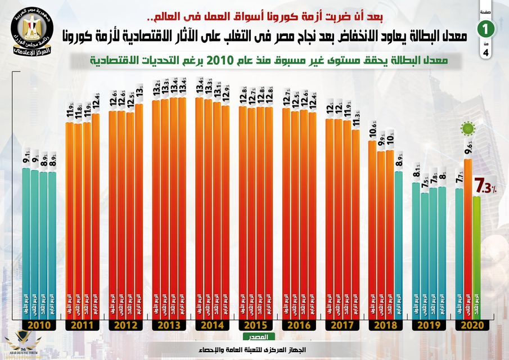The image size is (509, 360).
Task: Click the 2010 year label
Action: pos(39,325)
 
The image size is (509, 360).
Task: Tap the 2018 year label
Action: pos(385,325)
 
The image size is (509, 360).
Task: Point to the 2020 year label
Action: pos(472,325)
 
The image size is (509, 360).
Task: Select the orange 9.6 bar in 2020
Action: pos(468,236)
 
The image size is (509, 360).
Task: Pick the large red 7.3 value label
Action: pos(484,184)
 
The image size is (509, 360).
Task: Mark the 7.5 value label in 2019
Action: pos(425,183)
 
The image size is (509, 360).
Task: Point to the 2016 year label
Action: pos(299,325)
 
